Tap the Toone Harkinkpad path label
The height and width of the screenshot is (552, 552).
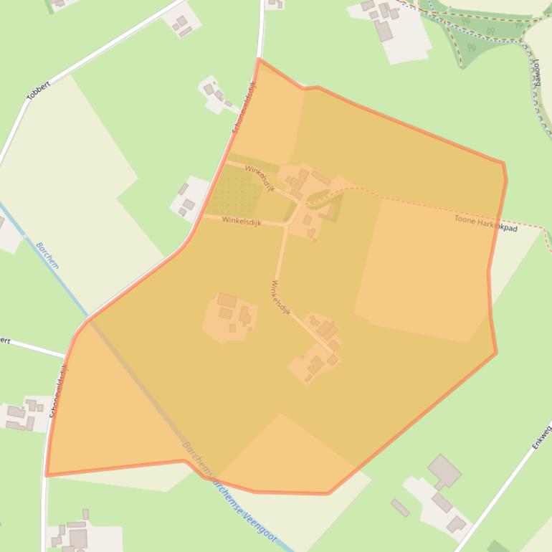coord(485,223)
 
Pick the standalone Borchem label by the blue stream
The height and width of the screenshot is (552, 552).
coord(47,255)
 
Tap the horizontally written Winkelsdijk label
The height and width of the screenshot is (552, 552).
coord(242,222)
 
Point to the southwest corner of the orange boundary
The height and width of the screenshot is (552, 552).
coord(47,475)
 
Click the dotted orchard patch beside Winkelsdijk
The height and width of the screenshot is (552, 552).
coord(234,191)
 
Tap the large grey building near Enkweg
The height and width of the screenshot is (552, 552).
coord(444,471)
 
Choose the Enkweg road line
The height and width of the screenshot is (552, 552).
coord(502,487)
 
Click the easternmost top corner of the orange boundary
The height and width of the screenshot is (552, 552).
coord(504,163)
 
